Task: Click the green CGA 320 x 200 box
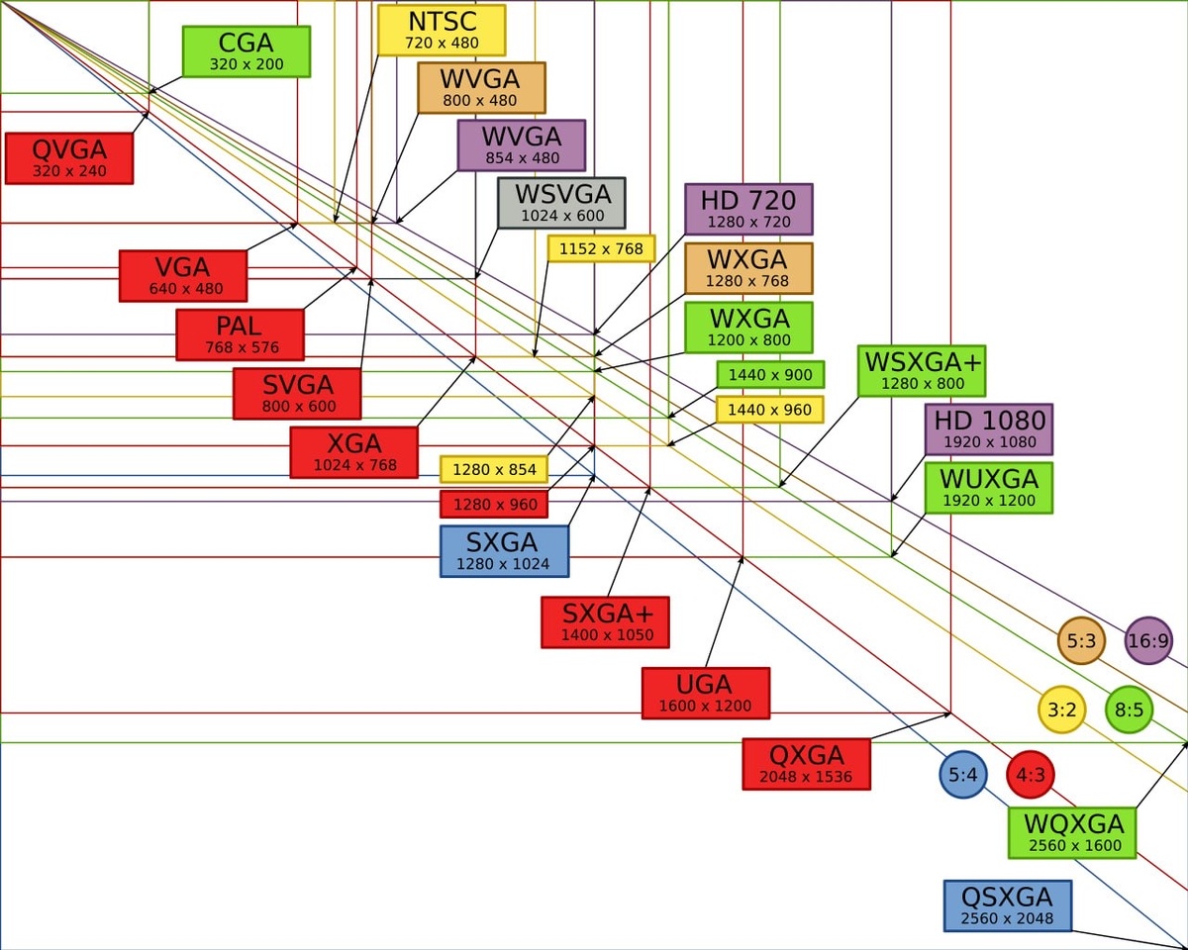coord(247,51)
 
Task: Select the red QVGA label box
coord(69,158)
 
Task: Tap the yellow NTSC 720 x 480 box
coord(442,31)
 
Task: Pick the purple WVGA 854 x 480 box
coord(522,145)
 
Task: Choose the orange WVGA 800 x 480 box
coord(481,88)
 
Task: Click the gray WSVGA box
coord(561,203)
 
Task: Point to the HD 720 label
coord(748,209)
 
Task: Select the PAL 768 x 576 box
coord(241,334)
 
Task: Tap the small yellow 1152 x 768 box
coord(601,248)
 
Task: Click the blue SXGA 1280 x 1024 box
coord(504,551)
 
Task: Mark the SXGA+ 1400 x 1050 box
coord(605,622)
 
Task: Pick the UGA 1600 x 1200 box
coord(705,693)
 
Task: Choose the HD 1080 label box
coord(989,429)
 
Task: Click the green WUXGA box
coord(989,488)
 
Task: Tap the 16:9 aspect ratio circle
coord(1148,641)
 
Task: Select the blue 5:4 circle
coord(963,775)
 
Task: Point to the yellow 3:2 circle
coord(1061,710)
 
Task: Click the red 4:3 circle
coord(1031,775)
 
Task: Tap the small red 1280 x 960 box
coord(495,505)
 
